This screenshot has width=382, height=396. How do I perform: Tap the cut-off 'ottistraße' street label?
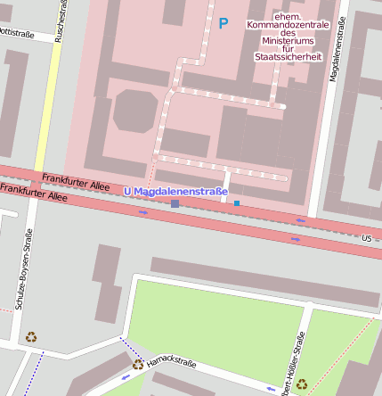pos(16,33)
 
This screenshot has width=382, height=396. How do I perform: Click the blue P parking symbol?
pos(223,23)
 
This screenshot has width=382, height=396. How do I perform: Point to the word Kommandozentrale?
pos(288,25)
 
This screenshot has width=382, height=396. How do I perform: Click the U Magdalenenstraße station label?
pos(175,191)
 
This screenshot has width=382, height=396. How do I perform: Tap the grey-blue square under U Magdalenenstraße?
pos(175,204)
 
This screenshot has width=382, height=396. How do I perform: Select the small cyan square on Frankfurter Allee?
pos(237,203)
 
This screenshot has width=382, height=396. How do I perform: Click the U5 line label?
pos(368,238)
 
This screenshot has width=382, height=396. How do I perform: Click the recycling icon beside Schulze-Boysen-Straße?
pos(31,337)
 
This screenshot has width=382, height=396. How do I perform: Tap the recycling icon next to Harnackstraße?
pos(138,364)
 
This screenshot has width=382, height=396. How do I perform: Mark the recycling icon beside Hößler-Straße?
pos(302,384)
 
